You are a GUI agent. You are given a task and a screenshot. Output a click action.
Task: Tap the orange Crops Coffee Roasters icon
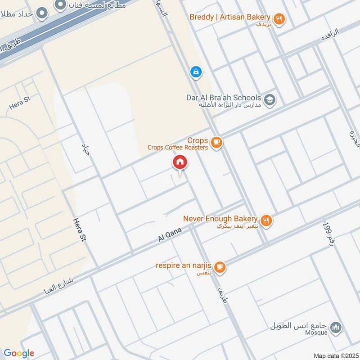click(x=216, y=143)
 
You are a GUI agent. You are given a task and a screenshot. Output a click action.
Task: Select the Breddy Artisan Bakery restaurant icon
click(x=279, y=19)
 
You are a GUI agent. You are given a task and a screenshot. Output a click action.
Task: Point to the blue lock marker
click(x=196, y=71)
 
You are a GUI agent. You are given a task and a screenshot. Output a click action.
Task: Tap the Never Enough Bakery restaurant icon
click(x=266, y=220)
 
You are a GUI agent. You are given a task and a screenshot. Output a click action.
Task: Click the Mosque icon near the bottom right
click(x=335, y=328)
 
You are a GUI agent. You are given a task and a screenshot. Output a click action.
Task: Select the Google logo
click(x=19, y=353)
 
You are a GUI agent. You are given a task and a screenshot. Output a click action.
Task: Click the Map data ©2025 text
click(x=335, y=355)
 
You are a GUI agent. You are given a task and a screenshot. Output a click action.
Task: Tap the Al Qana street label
click(x=170, y=235)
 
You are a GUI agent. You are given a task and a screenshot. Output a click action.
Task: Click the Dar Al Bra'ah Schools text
click(x=224, y=98)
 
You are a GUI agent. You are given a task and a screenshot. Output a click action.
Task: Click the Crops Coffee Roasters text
click(x=178, y=147)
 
